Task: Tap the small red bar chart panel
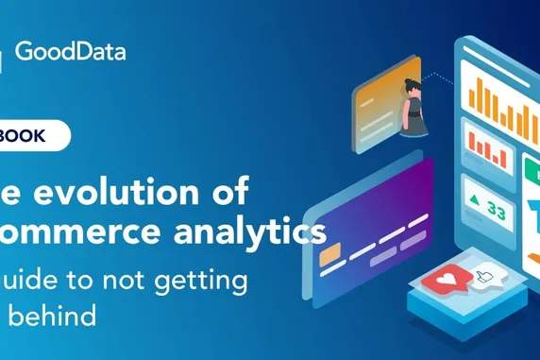tap(486, 149)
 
